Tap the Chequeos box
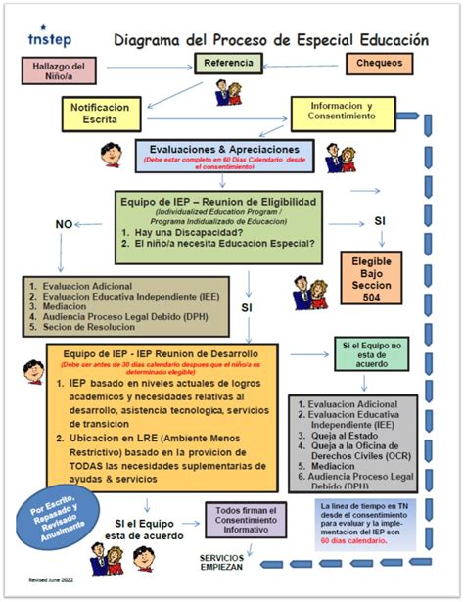pos(379,64)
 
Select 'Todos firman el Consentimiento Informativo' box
pos(246,518)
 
